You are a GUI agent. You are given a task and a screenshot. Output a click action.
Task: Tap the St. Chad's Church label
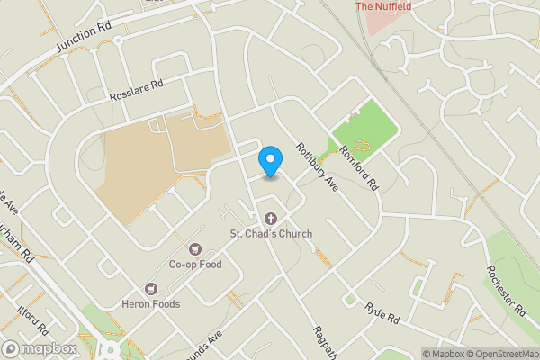pos(270,234)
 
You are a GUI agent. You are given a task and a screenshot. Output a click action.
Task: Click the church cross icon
pos(270,218)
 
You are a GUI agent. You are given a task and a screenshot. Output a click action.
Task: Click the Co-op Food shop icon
pos(194,248)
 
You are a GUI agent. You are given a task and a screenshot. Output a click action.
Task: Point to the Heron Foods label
pos(151,304)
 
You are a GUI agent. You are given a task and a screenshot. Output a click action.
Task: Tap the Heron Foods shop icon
pos(151,289)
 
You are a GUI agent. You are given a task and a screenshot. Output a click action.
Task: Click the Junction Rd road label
pos(83,36)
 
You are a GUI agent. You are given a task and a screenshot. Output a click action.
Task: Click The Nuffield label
pos(382,7)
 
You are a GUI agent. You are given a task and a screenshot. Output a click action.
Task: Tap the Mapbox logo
pos(38,348)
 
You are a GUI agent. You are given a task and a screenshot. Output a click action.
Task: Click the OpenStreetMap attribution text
pos(502,353)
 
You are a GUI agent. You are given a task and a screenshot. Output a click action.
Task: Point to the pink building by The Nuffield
pos(378,22)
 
